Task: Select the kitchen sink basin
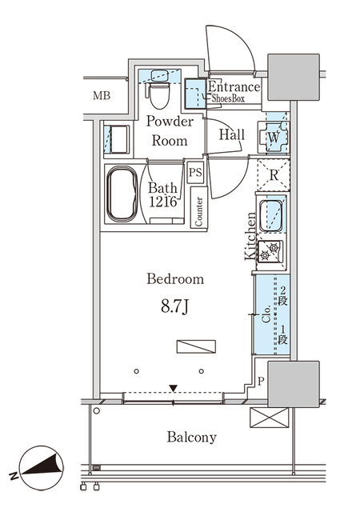pos(271,215)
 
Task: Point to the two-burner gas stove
pos(270,252)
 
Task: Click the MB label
pos(102,96)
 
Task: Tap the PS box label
pos(195,172)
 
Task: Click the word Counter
pos(198,211)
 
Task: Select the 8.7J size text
pos(175,306)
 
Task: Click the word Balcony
pos(192,438)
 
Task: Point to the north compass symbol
pos(41,468)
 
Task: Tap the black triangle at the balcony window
pos(173,389)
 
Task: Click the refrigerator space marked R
pos(274,175)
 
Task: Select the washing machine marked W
pos(274,137)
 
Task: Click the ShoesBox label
pos(228,98)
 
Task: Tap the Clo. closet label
pos(266,314)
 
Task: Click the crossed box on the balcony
pos(270,418)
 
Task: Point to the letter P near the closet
pos(260,381)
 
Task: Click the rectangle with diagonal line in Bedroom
pos(196,346)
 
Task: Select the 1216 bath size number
pos(163,202)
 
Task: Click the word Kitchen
pos(250,236)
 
